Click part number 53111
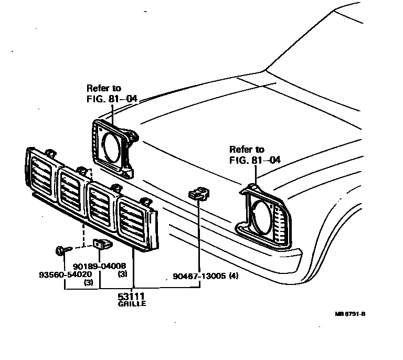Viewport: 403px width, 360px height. pos(132,297)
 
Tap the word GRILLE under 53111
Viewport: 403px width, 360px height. pos(132,304)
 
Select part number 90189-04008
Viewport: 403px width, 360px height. pos(99,266)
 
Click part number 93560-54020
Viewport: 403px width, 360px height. pos(65,274)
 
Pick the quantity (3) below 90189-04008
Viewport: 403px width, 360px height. pos(122,273)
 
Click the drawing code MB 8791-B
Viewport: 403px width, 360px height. pos(350,314)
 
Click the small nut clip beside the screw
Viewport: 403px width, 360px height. pos(101,243)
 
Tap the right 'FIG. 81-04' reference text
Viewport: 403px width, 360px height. pos(254,160)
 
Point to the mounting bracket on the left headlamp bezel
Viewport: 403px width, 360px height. pos(131,137)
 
